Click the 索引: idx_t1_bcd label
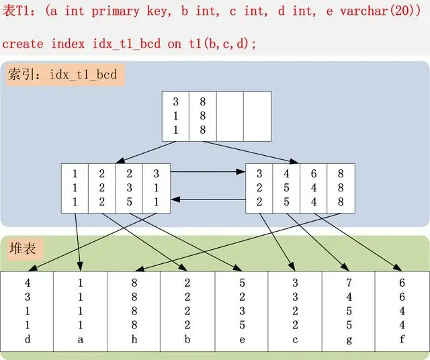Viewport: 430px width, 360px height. click(62, 75)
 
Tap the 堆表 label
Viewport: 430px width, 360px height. click(22, 249)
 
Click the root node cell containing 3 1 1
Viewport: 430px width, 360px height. click(176, 116)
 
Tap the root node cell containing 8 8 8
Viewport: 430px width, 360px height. click(203, 116)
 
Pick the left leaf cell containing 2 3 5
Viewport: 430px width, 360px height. click(129, 187)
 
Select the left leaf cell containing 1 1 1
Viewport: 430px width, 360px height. click(75, 187)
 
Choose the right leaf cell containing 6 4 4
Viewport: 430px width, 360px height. click(313, 187)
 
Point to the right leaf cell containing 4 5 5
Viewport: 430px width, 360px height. click(286, 187)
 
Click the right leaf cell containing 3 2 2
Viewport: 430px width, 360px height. click(259, 187)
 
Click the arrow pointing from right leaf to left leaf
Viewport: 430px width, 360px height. click(208, 199)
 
